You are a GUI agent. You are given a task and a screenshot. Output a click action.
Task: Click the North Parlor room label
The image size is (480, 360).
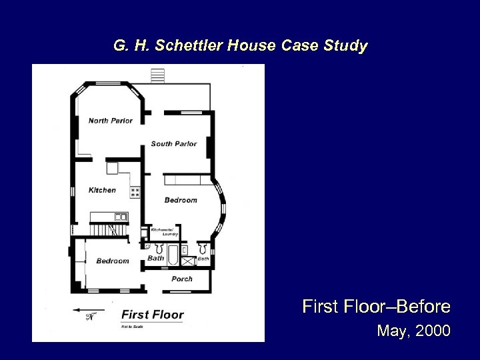111,121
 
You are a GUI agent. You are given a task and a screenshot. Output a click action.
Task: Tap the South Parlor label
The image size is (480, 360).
173,144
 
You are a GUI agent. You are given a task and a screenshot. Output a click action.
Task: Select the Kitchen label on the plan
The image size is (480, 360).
102,190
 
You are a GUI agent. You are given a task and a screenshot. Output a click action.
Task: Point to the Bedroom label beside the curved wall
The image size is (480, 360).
181,200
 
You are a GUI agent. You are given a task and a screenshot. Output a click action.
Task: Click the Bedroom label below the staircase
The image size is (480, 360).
112,261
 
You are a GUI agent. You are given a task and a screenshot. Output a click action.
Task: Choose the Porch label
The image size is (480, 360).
182,279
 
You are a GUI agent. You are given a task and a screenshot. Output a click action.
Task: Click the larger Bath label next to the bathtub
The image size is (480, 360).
156,258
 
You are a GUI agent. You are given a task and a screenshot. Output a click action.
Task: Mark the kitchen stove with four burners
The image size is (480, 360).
135,191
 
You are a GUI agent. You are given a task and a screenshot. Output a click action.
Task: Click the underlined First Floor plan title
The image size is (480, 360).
152,314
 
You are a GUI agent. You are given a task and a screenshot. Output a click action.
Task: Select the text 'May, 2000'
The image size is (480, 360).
413,330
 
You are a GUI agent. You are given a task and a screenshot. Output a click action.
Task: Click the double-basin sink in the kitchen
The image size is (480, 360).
121,217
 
